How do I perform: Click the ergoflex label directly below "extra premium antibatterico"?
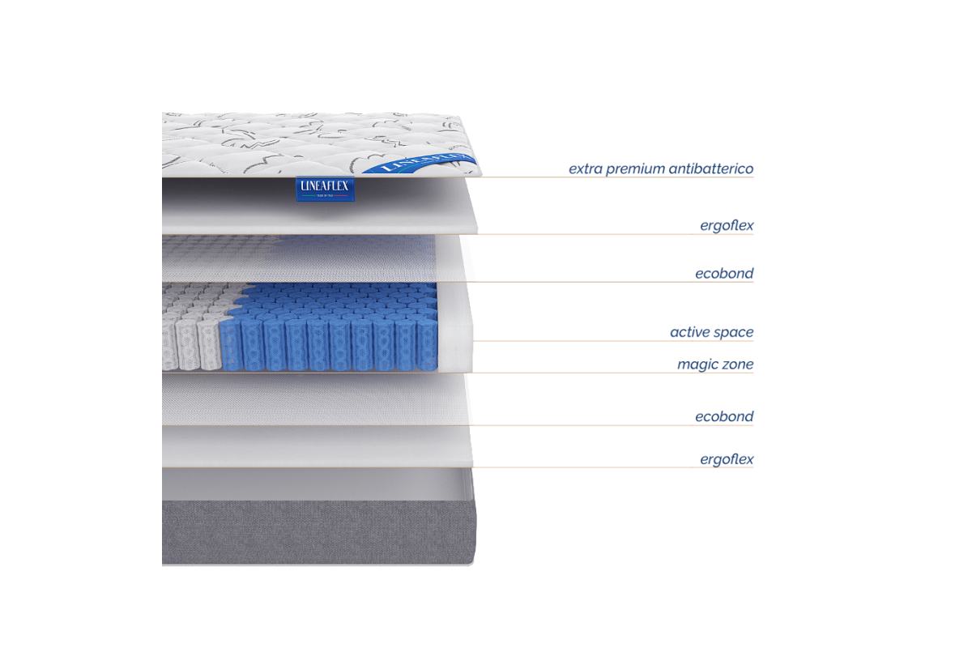coord(727,226)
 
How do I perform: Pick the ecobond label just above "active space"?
coord(724,274)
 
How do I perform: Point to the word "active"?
coord(691,333)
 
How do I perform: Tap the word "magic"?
coord(697,364)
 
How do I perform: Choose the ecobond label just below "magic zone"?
coord(724,417)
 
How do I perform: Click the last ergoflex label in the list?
coord(727,460)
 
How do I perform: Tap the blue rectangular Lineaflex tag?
coord(326,192)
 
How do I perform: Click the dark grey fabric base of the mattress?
coord(316,531)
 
